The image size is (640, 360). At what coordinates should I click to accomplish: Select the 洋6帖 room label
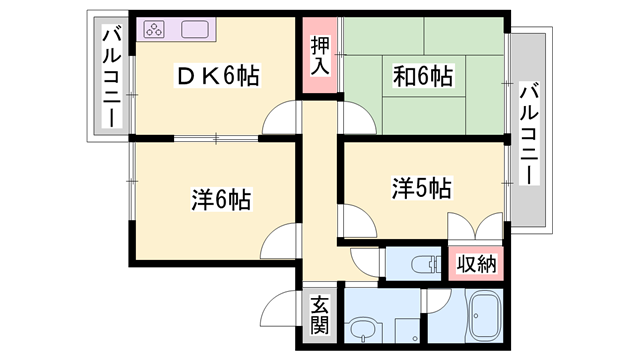[x=221, y=198]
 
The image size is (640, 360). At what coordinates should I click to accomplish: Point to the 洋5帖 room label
[x=421, y=187]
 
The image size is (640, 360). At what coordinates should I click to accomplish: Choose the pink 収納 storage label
[x=476, y=264]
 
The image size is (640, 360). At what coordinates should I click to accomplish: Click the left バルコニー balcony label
[x=109, y=80]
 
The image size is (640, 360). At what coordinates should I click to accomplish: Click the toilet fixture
[x=425, y=264]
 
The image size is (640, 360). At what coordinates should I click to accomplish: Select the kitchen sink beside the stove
[x=194, y=30]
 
